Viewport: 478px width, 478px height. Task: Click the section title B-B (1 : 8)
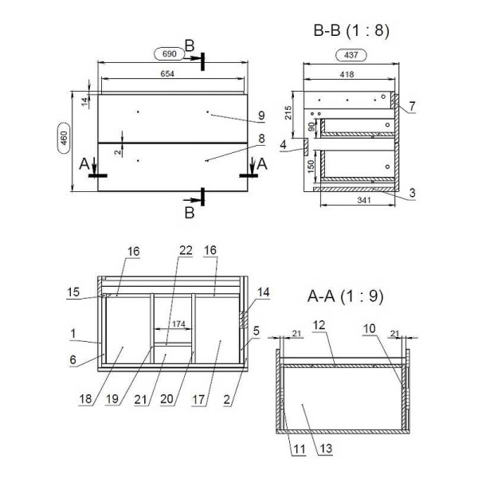pyautogui.click(x=351, y=31)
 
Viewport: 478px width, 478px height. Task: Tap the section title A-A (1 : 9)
pyautogui.click(x=345, y=296)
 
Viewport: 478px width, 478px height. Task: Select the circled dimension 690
pyautogui.click(x=170, y=54)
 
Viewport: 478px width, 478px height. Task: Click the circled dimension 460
pyautogui.click(x=64, y=138)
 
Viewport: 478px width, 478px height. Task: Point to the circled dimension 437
pyautogui.click(x=351, y=55)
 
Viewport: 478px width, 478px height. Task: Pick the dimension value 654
pyautogui.click(x=167, y=74)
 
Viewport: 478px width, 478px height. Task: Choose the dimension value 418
pyautogui.click(x=347, y=74)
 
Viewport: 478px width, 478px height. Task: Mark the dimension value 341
pyautogui.click(x=364, y=200)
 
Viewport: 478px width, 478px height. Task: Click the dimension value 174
pyautogui.click(x=178, y=323)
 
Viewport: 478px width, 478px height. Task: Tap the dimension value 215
pyautogui.click(x=288, y=112)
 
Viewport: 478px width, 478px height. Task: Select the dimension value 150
pyautogui.click(x=311, y=167)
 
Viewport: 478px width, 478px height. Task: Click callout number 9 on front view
pyautogui.click(x=261, y=116)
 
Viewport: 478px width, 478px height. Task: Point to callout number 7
pyautogui.click(x=412, y=106)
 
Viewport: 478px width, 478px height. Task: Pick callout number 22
pyautogui.click(x=186, y=250)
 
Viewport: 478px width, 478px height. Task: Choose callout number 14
pyautogui.click(x=264, y=292)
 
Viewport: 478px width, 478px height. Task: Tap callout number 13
pyautogui.click(x=326, y=449)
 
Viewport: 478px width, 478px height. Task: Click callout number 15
pyautogui.click(x=73, y=292)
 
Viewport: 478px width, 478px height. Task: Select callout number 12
pyautogui.click(x=319, y=325)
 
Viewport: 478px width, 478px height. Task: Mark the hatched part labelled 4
pyautogui.click(x=306, y=147)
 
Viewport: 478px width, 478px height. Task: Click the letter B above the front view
pyautogui.click(x=190, y=46)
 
